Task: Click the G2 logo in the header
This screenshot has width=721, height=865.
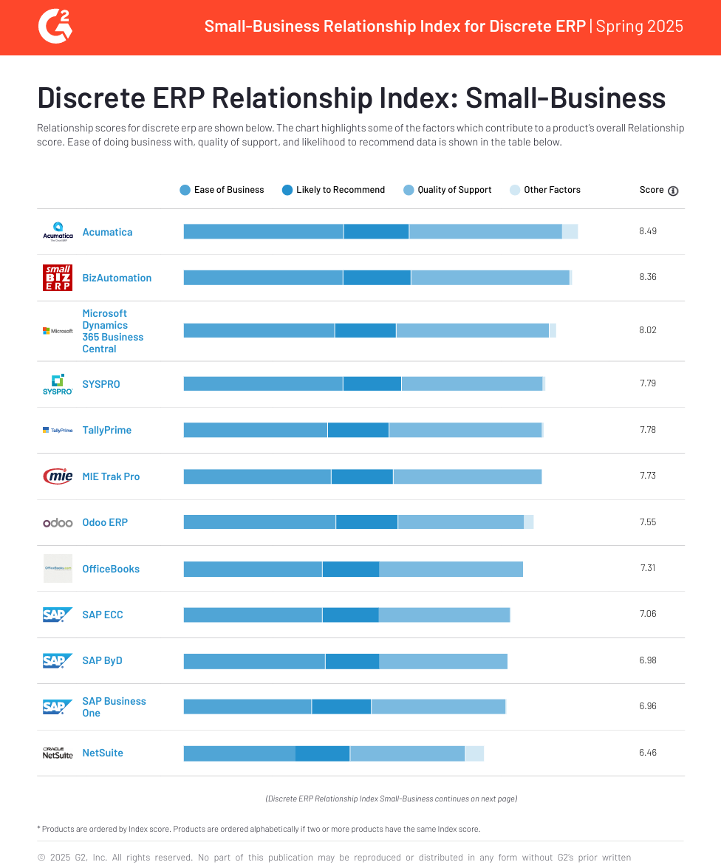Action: pyautogui.click(x=55, y=27)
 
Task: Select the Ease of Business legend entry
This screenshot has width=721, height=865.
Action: pyautogui.click(x=222, y=190)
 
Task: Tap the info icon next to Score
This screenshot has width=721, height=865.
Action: pyautogui.click(x=673, y=191)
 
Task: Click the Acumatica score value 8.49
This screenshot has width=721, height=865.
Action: pyautogui.click(x=648, y=230)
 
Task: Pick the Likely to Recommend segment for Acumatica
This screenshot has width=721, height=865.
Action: pyautogui.click(x=376, y=231)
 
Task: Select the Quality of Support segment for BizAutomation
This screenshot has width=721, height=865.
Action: pyautogui.click(x=490, y=278)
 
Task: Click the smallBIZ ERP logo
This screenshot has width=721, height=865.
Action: pyautogui.click(x=58, y=278)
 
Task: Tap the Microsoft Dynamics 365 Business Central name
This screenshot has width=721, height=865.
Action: pyautogui.click(x=113, y=331)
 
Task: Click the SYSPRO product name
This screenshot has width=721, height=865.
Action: pyautogui.click(x=101, y=384)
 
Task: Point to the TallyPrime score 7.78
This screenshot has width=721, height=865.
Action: pyautogui.click(x=648, y=429)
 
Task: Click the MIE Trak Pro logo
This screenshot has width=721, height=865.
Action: pyautogui.click(x=58, y=476)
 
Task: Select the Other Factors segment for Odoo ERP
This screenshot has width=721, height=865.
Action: pyautogui.click(x=529, y=522)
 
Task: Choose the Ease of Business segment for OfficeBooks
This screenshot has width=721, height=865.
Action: pyautogui.click(x=253, y=569)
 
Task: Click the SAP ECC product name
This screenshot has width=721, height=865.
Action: pyautogui.click(x=103, y=615)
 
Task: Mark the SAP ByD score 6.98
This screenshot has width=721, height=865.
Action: pyautogui.click(x=648, y=660)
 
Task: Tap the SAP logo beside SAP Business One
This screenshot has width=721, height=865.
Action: pyautogui.click(x=58, y=707)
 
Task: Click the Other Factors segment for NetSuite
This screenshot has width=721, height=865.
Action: pyautogui.click(x=474, y=753)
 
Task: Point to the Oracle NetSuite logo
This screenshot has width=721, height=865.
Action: pyautogui.click(x=58, y=753)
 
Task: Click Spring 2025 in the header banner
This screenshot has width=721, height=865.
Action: pyautogui.click(x=639, y=27)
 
